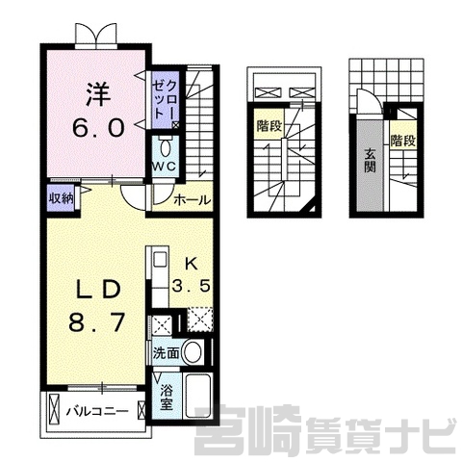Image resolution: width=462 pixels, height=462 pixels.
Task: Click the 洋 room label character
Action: point(98,95)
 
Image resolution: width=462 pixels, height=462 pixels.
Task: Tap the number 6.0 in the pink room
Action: point(98,128)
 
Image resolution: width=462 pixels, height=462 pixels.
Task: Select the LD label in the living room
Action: point(98,290)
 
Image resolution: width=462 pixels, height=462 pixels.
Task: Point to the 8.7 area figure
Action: point(96,321)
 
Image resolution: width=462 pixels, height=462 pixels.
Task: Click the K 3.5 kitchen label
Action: point(192,274)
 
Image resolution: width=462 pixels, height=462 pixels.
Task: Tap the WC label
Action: point(164,166)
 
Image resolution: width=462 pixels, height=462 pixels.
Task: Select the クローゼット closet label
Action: point(165,99)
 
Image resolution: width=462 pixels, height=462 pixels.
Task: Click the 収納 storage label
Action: point(62,199)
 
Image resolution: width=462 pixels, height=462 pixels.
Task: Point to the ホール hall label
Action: point(192,200)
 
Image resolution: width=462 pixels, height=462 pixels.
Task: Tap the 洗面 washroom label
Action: point(166,353)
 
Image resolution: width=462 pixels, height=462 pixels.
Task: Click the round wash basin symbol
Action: point(192,352)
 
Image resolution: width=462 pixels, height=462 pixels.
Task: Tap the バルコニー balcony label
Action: point(97,411)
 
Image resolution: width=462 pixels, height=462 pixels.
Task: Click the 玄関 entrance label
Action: point(370,162)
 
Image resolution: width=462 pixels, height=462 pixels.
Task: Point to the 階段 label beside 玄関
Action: point(403,141)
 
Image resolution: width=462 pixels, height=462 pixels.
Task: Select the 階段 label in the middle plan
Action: point(269,126)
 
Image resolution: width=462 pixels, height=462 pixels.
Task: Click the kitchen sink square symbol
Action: point(160,259)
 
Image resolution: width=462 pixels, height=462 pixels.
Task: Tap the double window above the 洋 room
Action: point(96,34)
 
